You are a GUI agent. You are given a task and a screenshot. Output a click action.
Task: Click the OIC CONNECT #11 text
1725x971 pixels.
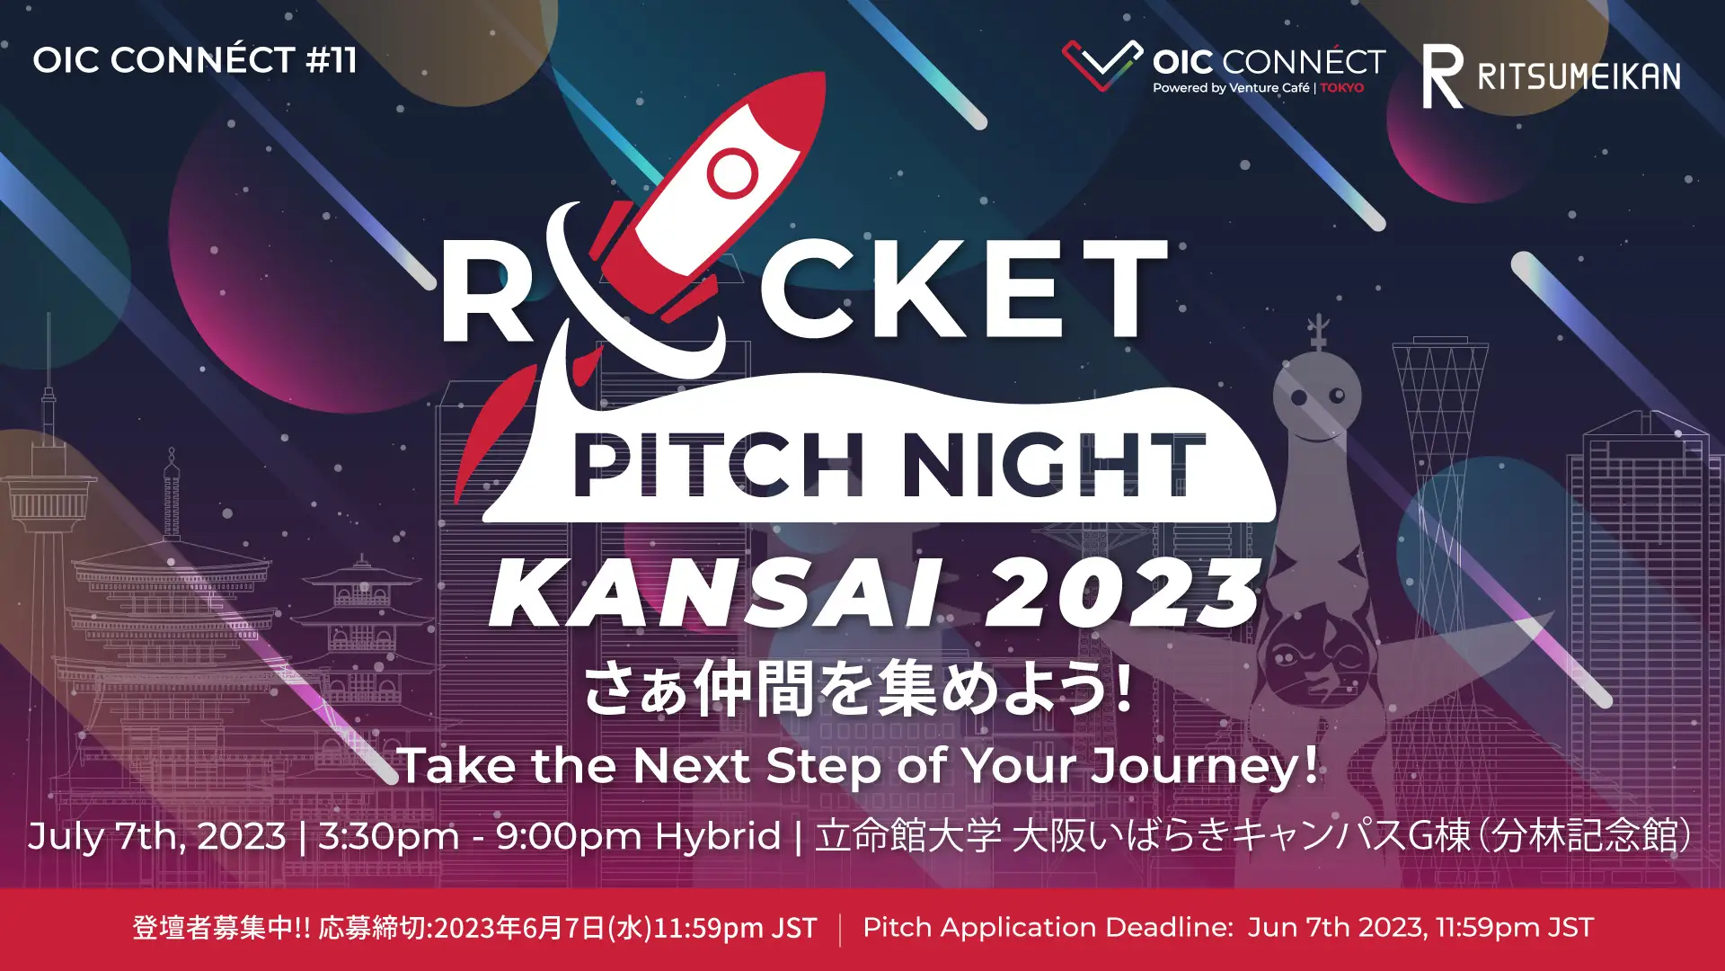click(x=195, y=60)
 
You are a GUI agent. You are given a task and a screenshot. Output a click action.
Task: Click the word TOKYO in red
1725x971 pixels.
click(x=1342, y=88)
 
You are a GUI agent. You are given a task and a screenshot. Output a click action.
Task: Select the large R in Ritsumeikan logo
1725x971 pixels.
click(x=1442, y=76)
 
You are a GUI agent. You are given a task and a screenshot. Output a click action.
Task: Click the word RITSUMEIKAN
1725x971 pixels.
click(x=1579, y=76)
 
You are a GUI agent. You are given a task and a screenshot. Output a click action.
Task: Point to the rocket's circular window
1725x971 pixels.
click(x=732, y=173)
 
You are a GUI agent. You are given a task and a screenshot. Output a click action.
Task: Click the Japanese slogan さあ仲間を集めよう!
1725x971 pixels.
click(x=858, y=690)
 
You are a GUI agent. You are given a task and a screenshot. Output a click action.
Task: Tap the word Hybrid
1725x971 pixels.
click(x=718, y=837)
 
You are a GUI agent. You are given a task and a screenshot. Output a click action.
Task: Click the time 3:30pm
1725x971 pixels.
click(x=388, y=837)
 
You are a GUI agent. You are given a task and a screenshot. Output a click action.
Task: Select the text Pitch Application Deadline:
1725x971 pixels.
click(x=1048, y=928)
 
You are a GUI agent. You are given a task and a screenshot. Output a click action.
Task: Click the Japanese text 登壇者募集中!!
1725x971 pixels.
click(x=221, y=928)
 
